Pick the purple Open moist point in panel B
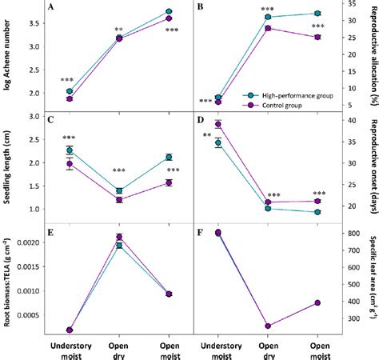[x=317, y=37]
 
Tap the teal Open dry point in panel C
[x=119, y=190]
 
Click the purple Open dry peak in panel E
[x=119, y=237]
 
